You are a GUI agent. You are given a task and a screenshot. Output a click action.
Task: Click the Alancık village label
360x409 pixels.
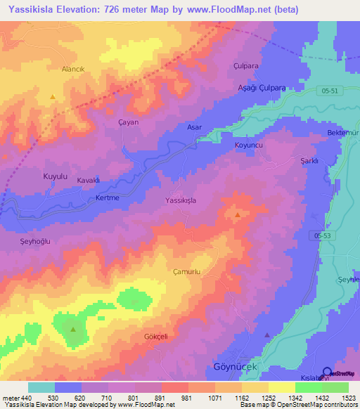pyautogui.click(x=53, y=70)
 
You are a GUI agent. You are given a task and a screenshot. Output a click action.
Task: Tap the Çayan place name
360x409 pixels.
pyautogui.click(x=128, y=122)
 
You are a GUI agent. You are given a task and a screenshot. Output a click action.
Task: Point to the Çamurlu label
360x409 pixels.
pyautogui.click(x=187, y=271)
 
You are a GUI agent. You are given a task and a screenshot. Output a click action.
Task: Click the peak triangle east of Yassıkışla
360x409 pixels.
pyautogui.click(x=238, y=214)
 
